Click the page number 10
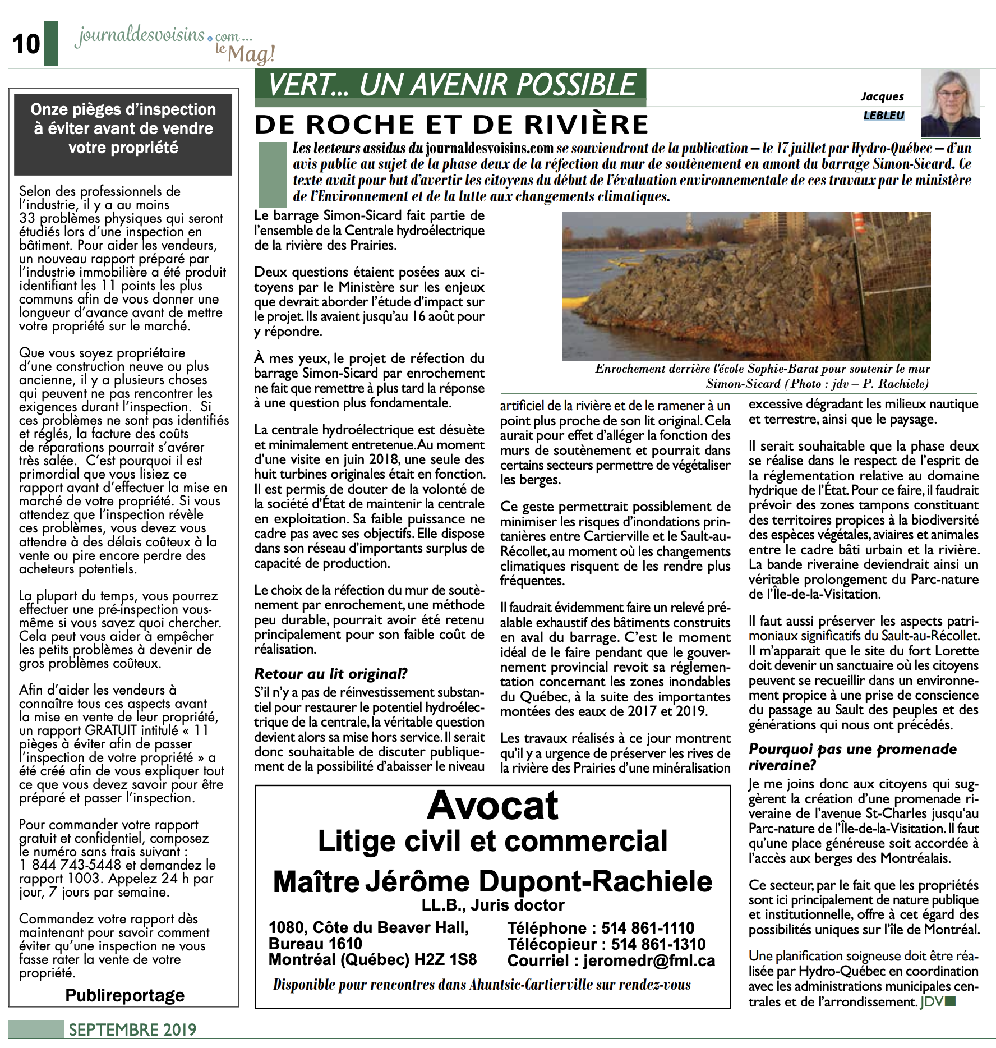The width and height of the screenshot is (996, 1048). [26, 44]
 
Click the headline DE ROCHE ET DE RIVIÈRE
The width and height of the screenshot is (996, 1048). [451, 125]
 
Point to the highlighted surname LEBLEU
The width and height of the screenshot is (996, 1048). [884, 116]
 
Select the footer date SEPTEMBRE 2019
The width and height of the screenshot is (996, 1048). [132, 1029]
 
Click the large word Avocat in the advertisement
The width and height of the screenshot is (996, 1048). [492, 806]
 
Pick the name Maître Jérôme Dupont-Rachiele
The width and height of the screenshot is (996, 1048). [492, 882]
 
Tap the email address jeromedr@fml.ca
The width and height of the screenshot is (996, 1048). [649, 960]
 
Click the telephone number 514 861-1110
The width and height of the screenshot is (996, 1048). [648, 928]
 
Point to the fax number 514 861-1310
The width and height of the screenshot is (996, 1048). [658, 944]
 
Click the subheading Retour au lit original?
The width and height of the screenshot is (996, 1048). [331, 673]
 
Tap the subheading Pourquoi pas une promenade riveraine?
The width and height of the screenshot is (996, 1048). [852, 757]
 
